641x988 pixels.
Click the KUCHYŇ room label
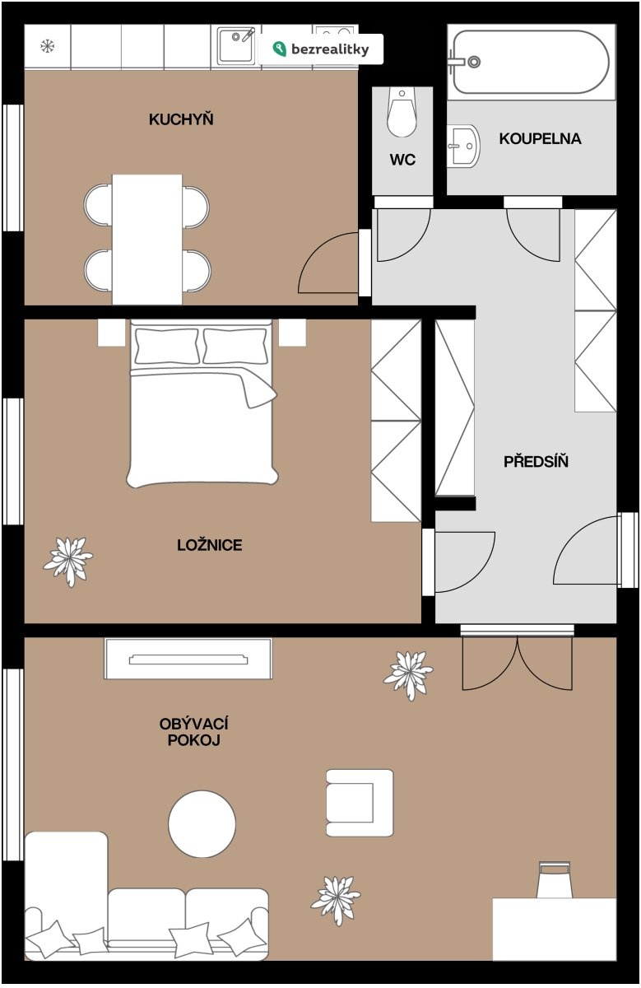point(181,119)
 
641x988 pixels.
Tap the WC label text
point(402,160)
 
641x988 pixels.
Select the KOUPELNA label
point(540,139)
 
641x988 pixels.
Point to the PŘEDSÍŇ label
point(536,461)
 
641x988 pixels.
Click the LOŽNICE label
point(209,545)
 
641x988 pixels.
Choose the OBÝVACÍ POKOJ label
point(193,732)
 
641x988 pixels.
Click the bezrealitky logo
point(321,49)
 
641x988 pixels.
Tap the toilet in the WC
point(402,112)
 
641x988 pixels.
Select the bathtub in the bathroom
point(532,63)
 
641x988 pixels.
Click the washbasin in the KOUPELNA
point(463,146)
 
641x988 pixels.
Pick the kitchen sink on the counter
point(236,45)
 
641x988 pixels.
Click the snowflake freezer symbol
point(47,46)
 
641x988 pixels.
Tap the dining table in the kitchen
point(147,240)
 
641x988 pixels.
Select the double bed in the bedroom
point(202,403)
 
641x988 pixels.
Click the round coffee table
point(202,823)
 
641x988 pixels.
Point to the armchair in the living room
point(360,803)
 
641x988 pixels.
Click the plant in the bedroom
point(68,561)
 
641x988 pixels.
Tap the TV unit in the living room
point(188,659)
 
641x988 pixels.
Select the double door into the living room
point(517,663)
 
